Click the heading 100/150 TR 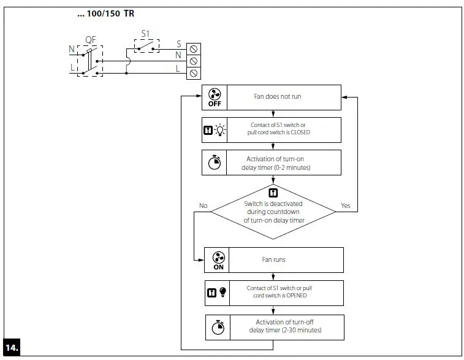105,13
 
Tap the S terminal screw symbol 194,48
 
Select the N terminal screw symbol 194,61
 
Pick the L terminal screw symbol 194,73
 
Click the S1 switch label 145,34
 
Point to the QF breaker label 90,39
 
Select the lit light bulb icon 219,130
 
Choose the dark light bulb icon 222,293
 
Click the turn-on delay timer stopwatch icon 214,163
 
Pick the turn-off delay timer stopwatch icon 218,327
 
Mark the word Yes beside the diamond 345,206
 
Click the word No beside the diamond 203,206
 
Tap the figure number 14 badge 12,347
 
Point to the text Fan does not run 278,96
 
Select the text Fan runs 274,259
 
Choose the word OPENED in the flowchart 295,296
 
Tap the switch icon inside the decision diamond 273,191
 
